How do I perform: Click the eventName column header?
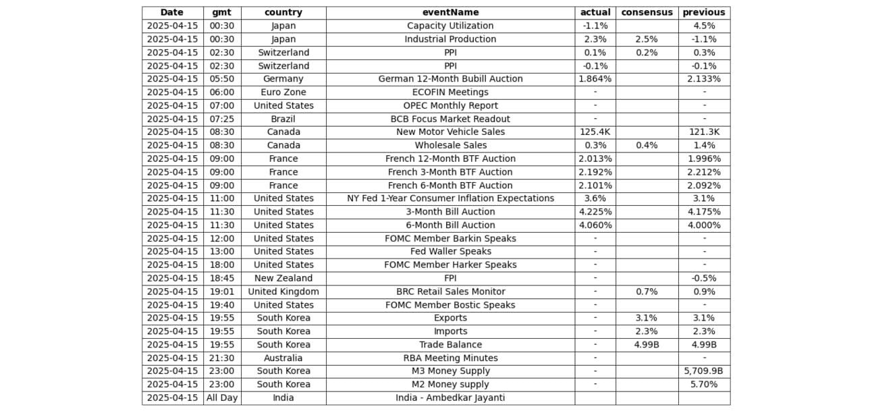[x=450, y=12]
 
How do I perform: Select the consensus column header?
[x=647, y=12]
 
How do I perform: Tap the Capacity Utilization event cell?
[x=450, y=26]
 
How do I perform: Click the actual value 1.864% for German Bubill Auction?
[x=595, y=79]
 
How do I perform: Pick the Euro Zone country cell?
[x=283, y=92]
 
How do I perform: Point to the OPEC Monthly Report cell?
[x=450, y=105]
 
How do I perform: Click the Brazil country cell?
[x=283, y=119]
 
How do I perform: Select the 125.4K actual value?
[x=595, y=132]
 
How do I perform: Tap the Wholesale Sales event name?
[x=450, y=145]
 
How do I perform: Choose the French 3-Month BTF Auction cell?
[x=450, y=172]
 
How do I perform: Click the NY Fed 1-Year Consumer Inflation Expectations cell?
[x=450, y=198]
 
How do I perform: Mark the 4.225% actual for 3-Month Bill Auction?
[x=595, y=212]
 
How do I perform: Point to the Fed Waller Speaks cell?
[x=450, y=252]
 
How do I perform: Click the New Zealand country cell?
[x=283, y=278]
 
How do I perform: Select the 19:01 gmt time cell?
[x=222, y=292]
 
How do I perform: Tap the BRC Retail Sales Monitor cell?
[x=450, y=292]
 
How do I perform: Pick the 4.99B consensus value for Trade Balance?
[x=647, y=345]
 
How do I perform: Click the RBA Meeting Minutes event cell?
[x=450, y=358]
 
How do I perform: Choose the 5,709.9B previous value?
[x=704, y=371]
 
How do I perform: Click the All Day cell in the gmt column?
[x=222, y=398]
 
